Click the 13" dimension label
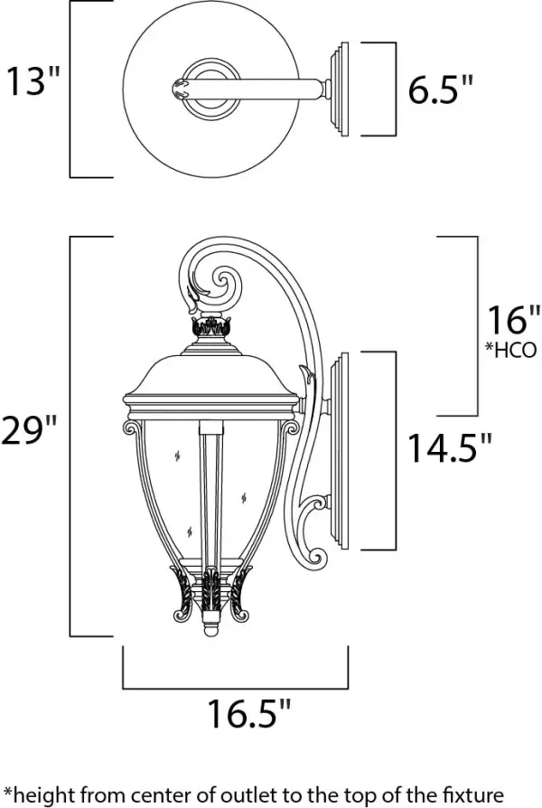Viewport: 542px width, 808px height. [34, 83]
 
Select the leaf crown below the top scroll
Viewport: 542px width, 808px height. [213, 327]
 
